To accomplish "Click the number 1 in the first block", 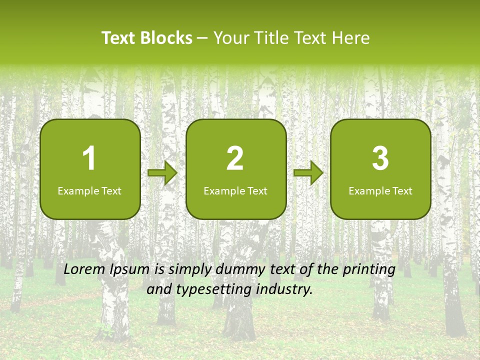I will (x=89, y=158).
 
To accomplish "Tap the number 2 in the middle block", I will (x=235, y=158).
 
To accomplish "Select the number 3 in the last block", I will (x=380, y=158).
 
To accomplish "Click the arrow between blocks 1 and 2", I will (x=162, y=173).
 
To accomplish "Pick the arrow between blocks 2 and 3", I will (x=308, y=173).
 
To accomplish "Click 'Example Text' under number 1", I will (x=89, y=191).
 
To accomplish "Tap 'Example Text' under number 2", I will (x=235, y=191).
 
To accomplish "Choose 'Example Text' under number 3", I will (x=380, y=191).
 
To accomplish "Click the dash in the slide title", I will (x=203, y=38).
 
